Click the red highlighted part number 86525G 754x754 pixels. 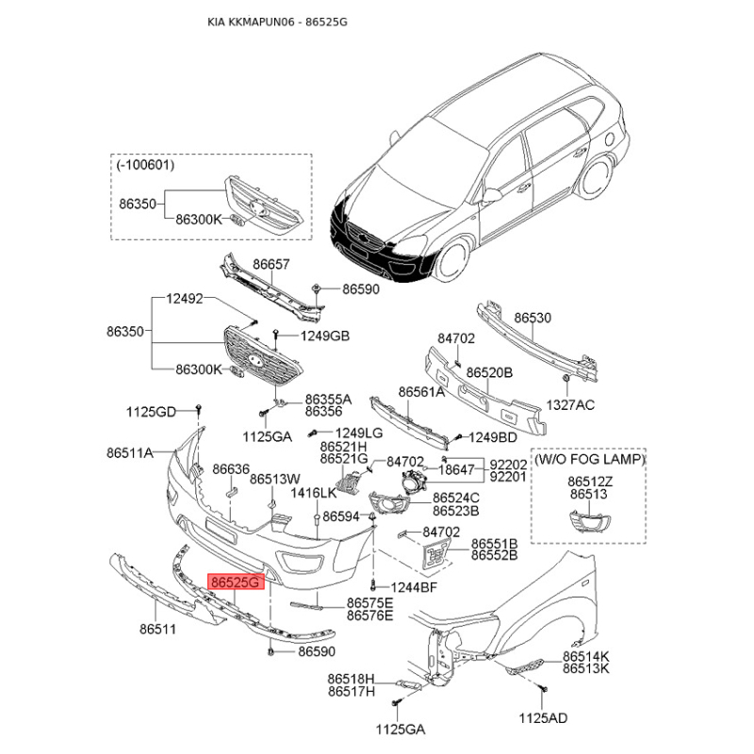pyautogui.click(x=236, y=582)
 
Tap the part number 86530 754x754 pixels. pyautogui.click(x=533, y=318)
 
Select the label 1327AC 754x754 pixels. pyautogui.click(x=570, y=405)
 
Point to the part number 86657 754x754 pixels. pyautogui.click(x=271, y=264)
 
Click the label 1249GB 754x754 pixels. pyautogui.click(x=325, y=336)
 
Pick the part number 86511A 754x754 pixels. pyautogui.click(x=130, y=452)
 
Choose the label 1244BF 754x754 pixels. pyautogui.click(x=414, y=587)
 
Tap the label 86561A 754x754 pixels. pyautogui.click(x=421, y=392)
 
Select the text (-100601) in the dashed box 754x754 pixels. pyautogui.click(x=145, y=165)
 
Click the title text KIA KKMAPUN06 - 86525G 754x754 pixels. pyautogui.click(x=277, y=22)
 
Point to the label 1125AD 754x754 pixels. pyautogui.click(x=543, y=718)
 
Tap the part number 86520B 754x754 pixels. pyautogui.click(x=489, y=372)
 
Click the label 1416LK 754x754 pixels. pyautogui.click(x=314, y=493)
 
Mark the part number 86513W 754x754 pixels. pyautogui.click(x=275, y=479)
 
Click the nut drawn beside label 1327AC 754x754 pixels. pyautogui.click(x=566, y=379)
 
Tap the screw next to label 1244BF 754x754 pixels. pyautogui.click(x=373, y=586)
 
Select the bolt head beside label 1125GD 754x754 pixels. pyautogui.click(x=199, y=409)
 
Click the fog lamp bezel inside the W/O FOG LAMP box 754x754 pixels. pyautogui.click(x=590, y=521)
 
